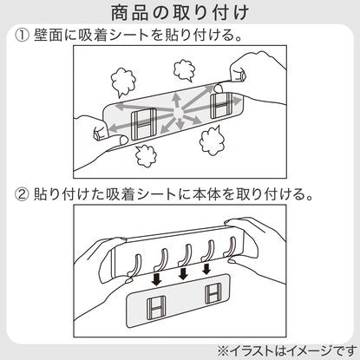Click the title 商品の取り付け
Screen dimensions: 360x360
coord(180,13)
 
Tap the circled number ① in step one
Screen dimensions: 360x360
coord(22,36)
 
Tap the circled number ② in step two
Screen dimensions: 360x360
coord(22,194)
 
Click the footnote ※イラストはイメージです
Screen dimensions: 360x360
coord(287,351)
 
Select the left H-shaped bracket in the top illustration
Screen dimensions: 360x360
coord(144,125)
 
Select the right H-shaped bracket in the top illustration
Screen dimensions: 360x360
coord(221,106)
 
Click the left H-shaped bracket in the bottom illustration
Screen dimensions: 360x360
coord(156,309)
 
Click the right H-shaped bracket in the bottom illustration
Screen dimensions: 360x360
coord(213,294)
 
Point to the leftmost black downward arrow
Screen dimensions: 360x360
coord(157,278)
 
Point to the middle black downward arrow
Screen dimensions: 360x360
coord(183,273)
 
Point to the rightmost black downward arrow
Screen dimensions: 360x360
coord(206,268)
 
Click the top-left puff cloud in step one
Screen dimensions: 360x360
coord(123,82)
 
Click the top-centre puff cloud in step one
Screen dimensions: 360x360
coord(185,71)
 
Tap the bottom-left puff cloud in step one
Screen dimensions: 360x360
coord(146,156)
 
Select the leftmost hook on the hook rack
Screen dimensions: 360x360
coord(134,265)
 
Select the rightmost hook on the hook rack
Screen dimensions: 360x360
coord(230,246)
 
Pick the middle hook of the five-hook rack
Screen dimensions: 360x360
coord(185,254)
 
